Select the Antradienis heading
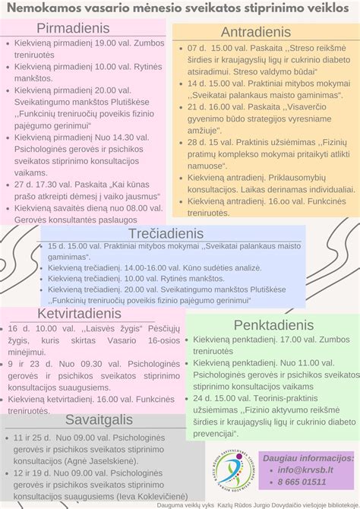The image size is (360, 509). [257, 33]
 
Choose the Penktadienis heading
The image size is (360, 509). [273, 325]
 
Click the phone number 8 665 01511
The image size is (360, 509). [308, 482]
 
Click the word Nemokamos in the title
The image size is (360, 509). [43, 8]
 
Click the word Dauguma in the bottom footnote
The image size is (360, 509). [172, 504]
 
